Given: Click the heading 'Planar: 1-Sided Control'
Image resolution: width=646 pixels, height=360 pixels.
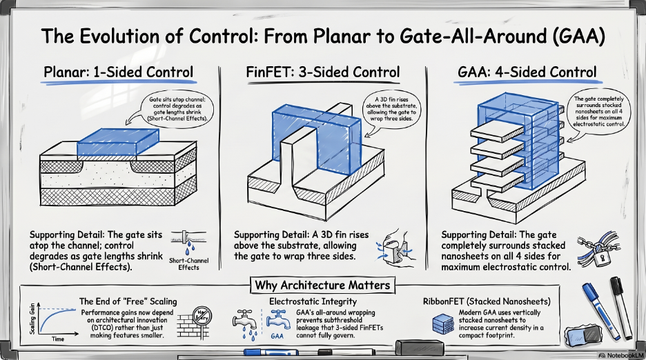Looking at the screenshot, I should (x=118, y=72).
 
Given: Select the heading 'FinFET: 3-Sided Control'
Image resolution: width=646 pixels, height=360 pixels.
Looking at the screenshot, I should (x=322, y=72).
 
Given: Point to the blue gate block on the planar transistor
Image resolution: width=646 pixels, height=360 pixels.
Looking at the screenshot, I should (x=115, y=141).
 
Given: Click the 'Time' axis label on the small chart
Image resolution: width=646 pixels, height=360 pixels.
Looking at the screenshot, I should (x=57, y=339).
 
